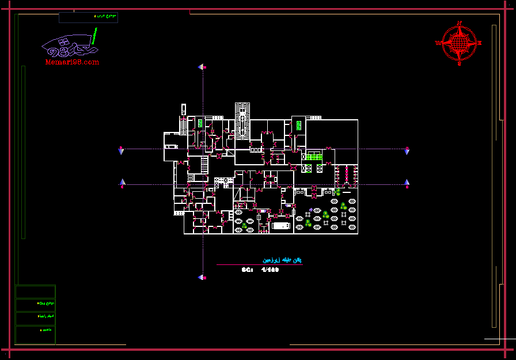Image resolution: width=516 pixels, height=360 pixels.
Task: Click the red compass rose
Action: tap(459, 43)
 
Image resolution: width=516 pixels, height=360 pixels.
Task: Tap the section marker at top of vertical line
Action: tap(202, 67)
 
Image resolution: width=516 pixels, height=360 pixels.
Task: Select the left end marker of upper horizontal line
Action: tap(121, 150)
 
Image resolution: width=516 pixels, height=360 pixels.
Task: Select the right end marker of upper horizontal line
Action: tap(407, 150)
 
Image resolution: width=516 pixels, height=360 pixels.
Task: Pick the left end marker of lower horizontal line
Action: tap(122, 184)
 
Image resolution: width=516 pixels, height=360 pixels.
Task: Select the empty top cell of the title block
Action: tap(35, 291)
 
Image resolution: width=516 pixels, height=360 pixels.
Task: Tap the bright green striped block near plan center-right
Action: tap(313, 157)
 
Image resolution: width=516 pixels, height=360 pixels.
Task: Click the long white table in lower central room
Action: tap(281, 226)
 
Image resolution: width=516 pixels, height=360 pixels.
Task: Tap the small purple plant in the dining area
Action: tap(311, 210)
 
